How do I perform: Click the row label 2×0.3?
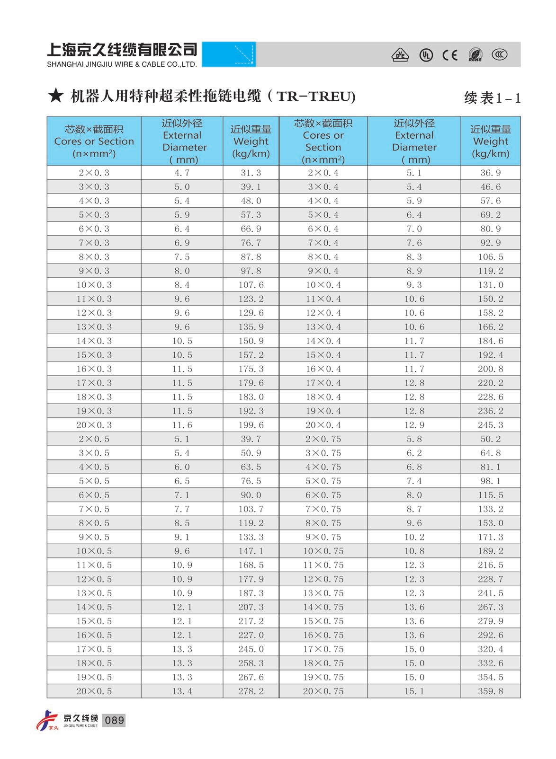(x=94, y=173)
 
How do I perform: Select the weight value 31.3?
(x=251, y=173)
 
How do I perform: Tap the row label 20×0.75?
(x=323, y=691)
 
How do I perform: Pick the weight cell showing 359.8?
(x=490, y=691)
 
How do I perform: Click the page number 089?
(x=114, y=720)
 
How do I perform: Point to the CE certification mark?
(x=449, y=55)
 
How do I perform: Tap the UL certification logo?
(x=426, y=55)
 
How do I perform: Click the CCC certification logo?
(x=499, y=54)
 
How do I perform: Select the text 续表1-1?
(x=492, y=98)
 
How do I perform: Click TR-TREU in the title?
(x=315, y=96)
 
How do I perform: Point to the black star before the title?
(x=55, y=96)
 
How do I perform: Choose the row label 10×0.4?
(x=323, y=285)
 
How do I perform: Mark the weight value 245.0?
(x=251, y=649)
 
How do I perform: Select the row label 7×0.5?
(x=94, y=509)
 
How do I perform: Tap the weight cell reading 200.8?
(x=490, y=369)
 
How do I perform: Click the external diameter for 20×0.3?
(x=182, y=425)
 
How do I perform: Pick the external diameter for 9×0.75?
(x=414, y=537)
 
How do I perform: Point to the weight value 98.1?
(x=490, y=481)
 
